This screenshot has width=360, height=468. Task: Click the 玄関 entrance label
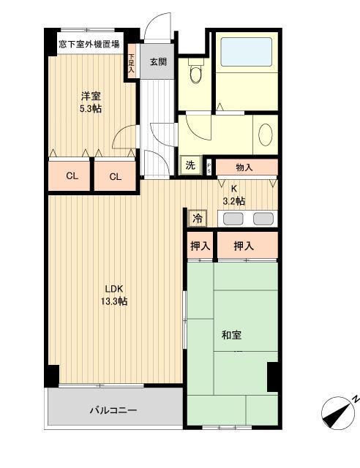(158, 61)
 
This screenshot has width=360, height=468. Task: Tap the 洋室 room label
(90, 97)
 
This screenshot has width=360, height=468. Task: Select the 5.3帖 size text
(90, 108)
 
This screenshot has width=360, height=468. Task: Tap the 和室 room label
(232, 335)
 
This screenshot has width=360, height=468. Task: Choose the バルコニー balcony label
(113, 411)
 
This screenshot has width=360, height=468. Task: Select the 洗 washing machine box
(190, 165)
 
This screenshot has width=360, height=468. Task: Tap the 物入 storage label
(244, 167)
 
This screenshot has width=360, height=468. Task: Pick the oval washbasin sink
(265, 135)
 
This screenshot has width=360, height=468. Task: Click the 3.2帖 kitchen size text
(234, 201)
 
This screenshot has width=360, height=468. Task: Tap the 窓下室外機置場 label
(90, 45)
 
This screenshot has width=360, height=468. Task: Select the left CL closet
(72, 175)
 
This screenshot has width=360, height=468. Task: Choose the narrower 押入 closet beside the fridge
(200, 246)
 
